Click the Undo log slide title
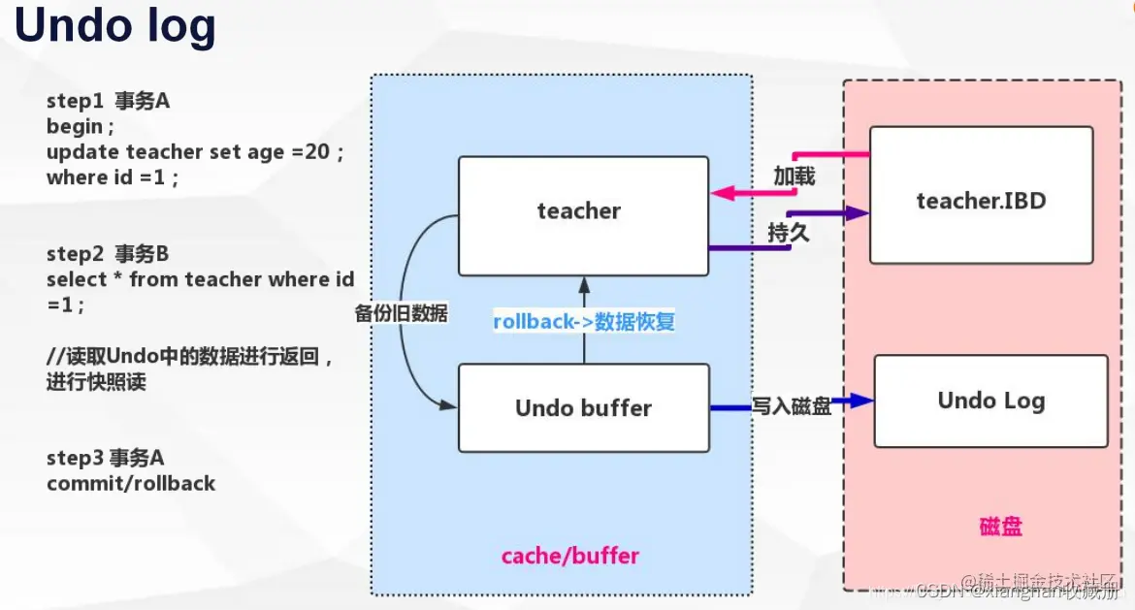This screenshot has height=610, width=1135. coord(114,26)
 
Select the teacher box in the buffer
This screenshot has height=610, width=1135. coord(583,215)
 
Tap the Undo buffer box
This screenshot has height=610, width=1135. coord(583,408)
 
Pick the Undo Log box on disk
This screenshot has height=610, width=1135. coord(990,401)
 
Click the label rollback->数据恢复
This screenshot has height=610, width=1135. coord(583,322)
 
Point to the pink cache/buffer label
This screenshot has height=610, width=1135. coord(569,556)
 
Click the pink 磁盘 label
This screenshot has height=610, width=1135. coord(1000,527)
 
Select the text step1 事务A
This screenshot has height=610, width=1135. coord(108,101)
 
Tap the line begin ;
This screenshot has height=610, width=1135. coord(81,126)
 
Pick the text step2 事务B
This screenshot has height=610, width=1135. coord(108,254)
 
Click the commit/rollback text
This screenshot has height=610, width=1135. coord(131,483)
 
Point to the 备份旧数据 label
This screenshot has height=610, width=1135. coord(402,313)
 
